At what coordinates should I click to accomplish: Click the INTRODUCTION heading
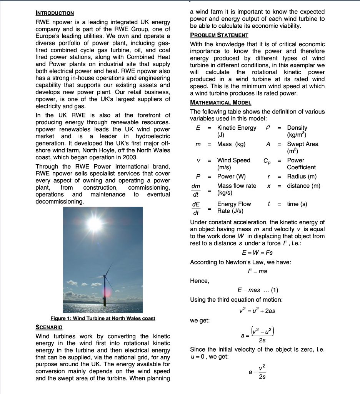point(55,13)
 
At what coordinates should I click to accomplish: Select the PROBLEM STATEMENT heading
point(219,35)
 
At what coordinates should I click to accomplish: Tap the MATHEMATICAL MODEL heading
point(221,102)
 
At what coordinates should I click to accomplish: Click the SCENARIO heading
point(49,327)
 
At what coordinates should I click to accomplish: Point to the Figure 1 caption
point(103,318)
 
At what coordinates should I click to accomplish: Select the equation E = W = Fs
point(257,252)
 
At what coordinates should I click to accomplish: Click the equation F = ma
point(257,271)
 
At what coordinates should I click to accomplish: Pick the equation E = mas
point(249,290)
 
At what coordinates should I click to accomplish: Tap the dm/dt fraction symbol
point(196,189)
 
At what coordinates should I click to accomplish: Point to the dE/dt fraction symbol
point(196,208)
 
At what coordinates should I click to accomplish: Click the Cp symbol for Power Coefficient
point(268,161)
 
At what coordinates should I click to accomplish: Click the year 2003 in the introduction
point(131,157)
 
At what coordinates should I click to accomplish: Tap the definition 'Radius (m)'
point(302,176)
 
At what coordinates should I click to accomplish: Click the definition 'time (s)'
point(297,204)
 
